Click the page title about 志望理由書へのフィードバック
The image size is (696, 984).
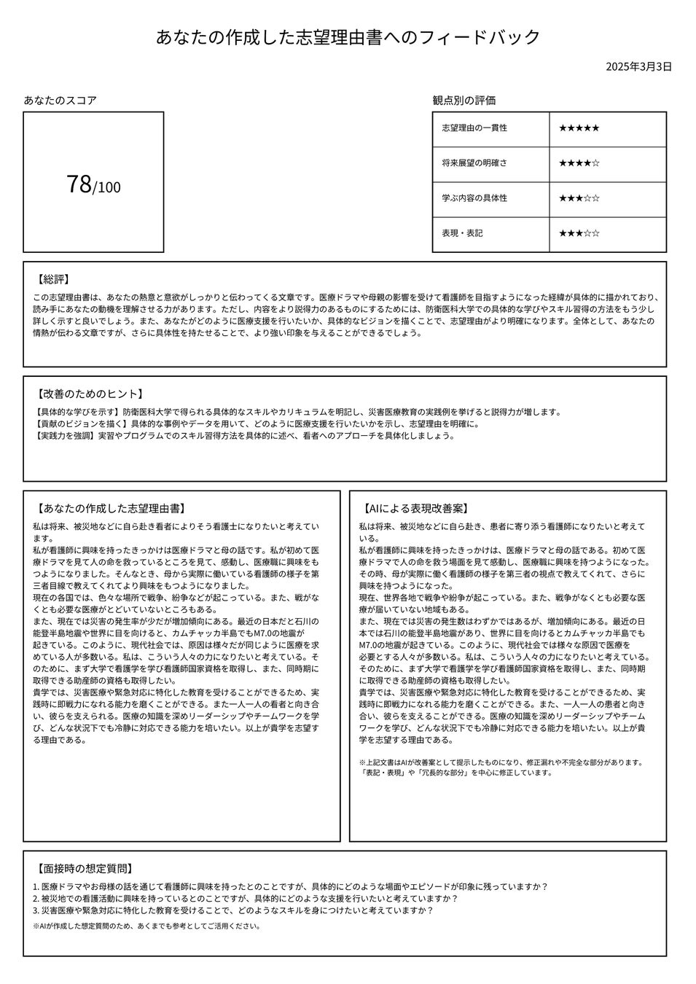pyautogui.click(x=348, y=37)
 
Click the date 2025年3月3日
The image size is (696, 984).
pyautogui.click(x=638, y=67)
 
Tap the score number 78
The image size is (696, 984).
pyautogui.click(x=79, y=184)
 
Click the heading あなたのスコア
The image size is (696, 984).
pyautogui.click(x=60, y=101)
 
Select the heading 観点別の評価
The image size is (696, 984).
pyautogui.click(x=464, y=101)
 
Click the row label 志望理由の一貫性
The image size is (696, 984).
pyautogui.click(x=474, y=128)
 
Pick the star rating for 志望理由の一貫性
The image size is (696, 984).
pyautogui.click(x=579, y=128)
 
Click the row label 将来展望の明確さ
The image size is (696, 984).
pyautogui.click(x=474, y=163)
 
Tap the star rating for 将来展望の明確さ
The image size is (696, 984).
pyautogui.click(x=579, y=163)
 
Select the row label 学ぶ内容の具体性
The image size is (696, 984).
pyautogui.click(x=474, y=198)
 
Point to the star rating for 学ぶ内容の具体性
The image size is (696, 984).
pyautogui.click(x=579, y=198)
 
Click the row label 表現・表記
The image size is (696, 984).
pyautogui.click(x=462, y=233)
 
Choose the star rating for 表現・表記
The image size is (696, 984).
pyautogui.click(x=579, y=233)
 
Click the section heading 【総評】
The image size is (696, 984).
pyautogui.click(x=53, y=279)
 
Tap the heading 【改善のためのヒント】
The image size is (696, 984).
pyautogui.click(x=87, y=394)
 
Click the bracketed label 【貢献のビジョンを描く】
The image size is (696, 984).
pyautogui.click(x=82, y=424)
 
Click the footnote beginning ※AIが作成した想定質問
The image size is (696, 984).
pyautogui.click(x=146, y=926)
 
